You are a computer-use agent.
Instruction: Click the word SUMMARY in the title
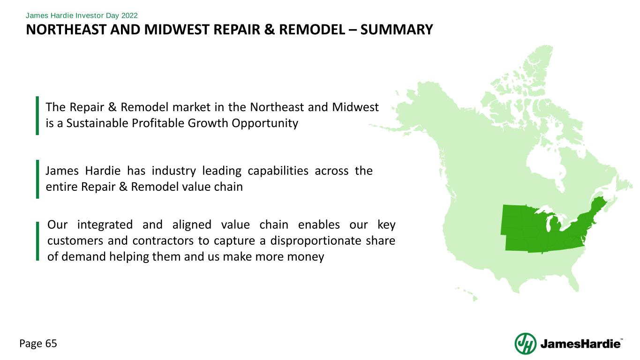click(x=397, y=30)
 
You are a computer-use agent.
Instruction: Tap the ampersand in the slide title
click(x=270, y=30)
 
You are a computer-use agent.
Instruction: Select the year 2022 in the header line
click(x=129, y=15)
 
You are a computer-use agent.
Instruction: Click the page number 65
click(x=51, y=344)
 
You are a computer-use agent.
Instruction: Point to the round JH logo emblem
click(x=526, y=344)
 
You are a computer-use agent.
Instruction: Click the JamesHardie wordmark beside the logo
click(x=581, y=344)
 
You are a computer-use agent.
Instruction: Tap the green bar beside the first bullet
click(x=37, y=115)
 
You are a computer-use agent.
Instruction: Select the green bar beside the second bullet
click(x=38, y=179)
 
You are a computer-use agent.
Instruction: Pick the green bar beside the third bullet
click(x=38, y=241)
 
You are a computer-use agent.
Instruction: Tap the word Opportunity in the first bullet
click(x=265, y=124)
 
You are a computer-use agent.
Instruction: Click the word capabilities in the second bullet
click(x=278, y=171)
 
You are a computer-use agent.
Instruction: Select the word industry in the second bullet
click(x=173, y=171)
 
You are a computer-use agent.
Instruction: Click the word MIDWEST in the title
click(x=174, y=30)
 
